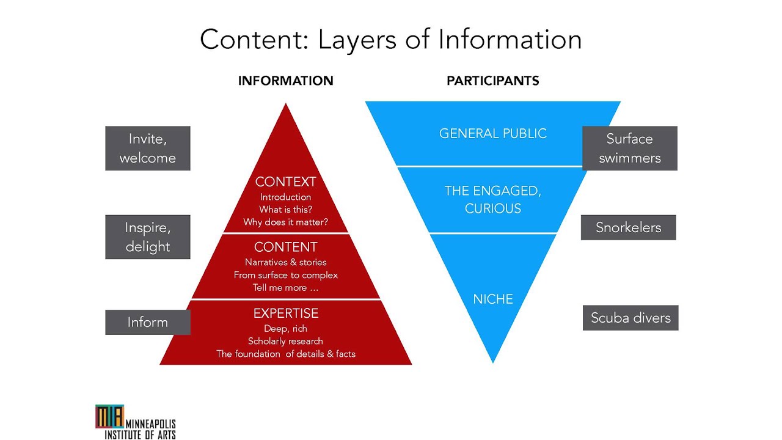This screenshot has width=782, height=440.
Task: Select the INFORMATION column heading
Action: pyautogui.click(x=285, y=81)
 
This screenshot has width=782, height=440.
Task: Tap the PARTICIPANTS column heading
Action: pyautogui.click(x=492, y=81)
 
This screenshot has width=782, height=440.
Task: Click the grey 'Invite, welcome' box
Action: pyautogui.click(x=147, y=148)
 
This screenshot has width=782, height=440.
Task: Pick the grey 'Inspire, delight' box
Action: pyautogui.click(x=147, y=237)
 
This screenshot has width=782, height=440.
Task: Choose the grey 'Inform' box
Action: pyautogui.click(x=147, y=322)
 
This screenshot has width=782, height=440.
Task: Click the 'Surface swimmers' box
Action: pyautogui.click(x=629, y=148)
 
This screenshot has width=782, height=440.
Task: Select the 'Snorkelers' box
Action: pyautogui.click(x=628, y=227)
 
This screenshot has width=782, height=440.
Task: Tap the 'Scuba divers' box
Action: pyautogui.click(x=630, y=318)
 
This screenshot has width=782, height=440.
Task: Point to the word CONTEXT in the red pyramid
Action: pyautogui.click(x=285, y=182)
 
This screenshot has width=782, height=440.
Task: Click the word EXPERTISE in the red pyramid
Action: pyautogui.click(x=285, y=313)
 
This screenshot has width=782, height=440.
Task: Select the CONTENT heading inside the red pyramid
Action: pyautogui.click(x=285, y=247)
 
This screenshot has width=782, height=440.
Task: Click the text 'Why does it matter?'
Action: pyautogui.click(x=285, y=222)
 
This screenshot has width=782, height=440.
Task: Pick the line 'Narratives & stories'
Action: pyautogui.click(x=285, y=262)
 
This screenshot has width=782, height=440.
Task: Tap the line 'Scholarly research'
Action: pyautogui.click(x=285, y=341)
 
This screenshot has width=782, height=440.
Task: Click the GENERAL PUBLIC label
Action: pyautogui.click(x=492, y=133)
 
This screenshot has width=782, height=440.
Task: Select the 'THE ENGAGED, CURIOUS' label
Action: pyautogui.click(x=492, y=199)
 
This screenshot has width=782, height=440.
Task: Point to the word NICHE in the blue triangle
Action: pyautogui.click(x=492, y=299)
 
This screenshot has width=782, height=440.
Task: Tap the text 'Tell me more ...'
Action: pyautogui.click(x=285, y=288)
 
